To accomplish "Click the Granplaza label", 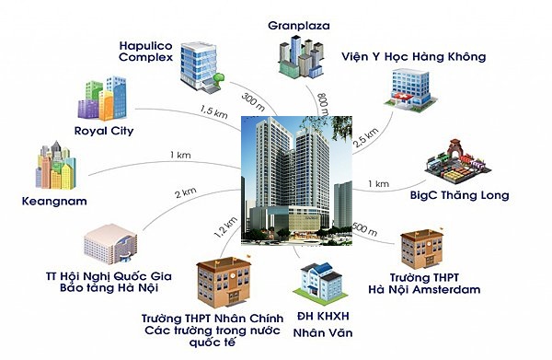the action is pos(298,26).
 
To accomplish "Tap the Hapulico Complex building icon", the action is pos(199,67).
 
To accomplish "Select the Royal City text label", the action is pos(104,131).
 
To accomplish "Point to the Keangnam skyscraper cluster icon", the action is pos(55,165).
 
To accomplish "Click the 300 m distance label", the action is pos(254,102).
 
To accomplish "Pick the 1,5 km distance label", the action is pos(213,112).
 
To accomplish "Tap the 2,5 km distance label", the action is pos(366,137).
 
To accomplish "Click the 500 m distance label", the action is pos(364,229).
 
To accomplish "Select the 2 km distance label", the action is pos(186,193).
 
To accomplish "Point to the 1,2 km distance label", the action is pos(225,227).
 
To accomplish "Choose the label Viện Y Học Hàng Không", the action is pos(414,57).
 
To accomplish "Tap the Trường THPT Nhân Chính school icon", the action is pos(224,282).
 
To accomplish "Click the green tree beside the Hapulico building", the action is pos(220,79).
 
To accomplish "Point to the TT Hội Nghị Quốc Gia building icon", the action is pos(110,244).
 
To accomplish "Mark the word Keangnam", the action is pos(54,202).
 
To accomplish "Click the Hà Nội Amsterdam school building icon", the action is pos(422,249).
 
